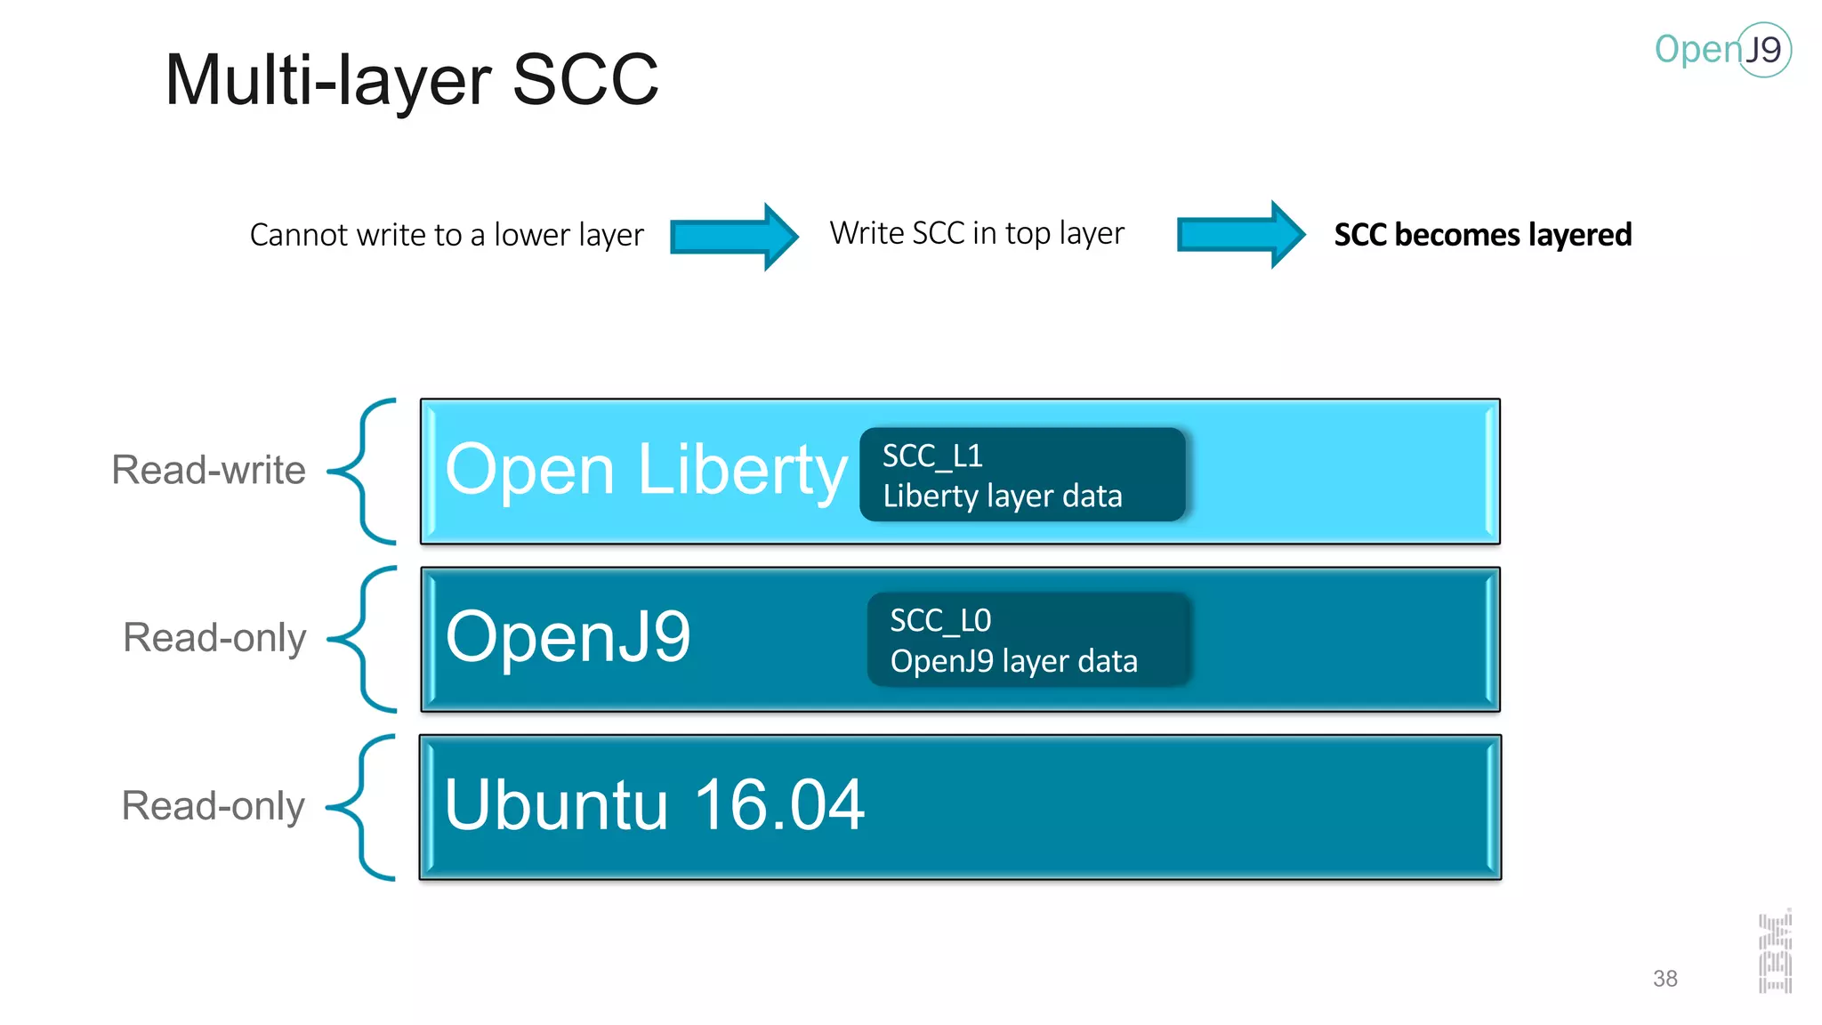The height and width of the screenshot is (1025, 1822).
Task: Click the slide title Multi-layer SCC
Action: pyautogui.click(x=412, y=80)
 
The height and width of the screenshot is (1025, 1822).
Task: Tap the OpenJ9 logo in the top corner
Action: pyautogui.click(x=1722, y=50)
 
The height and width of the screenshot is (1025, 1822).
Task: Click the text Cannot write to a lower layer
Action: pyautogui.click(x=447, y=235)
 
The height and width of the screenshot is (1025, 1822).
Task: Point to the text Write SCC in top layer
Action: pyautogui.click(x=977, y=233)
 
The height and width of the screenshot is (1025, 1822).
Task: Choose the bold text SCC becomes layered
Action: pyautogui.click(x=1483, y=235)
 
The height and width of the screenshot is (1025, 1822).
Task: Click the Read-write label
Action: pyautogui.click(x=208, y=470)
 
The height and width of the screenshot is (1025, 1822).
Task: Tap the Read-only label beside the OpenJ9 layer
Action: pyautogui.click(x=214, y=638)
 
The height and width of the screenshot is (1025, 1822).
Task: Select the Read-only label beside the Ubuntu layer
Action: pyautogui.click(x=214, y=806)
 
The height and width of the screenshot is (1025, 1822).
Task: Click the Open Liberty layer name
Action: pyautogui.click(x=646, y=470)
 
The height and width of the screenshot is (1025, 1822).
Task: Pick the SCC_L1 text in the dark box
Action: pyautogui.click(x=932, y=456)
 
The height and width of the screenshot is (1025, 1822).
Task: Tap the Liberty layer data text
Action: pyautogui.click(x=1003, y=496)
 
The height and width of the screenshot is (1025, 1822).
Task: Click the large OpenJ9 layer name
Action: pyautogui.click(x=568, y=637)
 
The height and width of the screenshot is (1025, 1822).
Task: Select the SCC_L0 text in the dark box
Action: pyautogui.click(x=940, y=620)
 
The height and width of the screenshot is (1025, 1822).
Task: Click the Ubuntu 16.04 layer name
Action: pyautogui.click(x=654, y=805)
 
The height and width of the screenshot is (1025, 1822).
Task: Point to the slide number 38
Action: pyautogui.click(x=1665, y=979)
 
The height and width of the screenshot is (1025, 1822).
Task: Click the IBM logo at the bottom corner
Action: pyautogui.click(x=1775, y=952)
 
